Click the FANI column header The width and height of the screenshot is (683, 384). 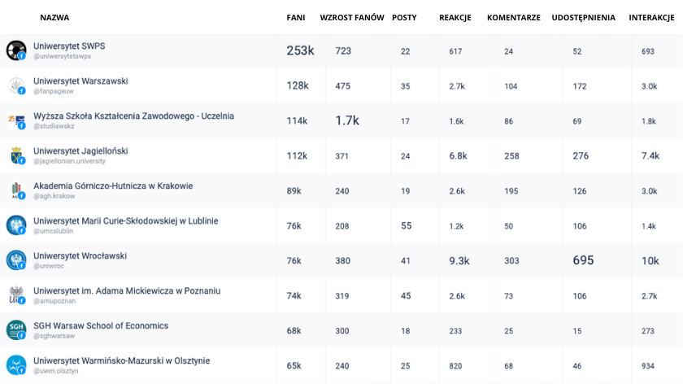[x=296, y=17]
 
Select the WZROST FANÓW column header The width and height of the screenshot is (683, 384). [x=352, y=17]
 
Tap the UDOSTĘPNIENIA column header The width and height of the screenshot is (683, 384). [x=583, y=18]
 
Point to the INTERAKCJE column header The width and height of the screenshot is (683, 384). [x=651, y=17]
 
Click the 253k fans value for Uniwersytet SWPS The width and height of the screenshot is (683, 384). [x=300, y=50]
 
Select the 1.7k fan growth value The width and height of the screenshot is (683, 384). [x=346, y=120]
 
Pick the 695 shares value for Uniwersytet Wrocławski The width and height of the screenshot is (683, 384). [x=583, y=260]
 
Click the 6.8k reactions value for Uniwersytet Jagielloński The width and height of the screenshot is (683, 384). [x=458, y=155]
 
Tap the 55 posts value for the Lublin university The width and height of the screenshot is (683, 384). [x=406, y=226]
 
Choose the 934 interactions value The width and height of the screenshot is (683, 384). [x=648, y=366]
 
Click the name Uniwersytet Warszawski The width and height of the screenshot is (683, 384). [x=80, y=81]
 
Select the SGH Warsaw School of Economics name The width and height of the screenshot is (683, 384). [x=101, y=325]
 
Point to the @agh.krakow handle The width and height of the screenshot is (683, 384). [x=54, y=196]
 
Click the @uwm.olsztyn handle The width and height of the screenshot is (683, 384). [x=56, y=371]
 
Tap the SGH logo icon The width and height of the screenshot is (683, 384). [x=16, y=330]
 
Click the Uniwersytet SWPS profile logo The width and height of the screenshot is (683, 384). [x=16, y=50]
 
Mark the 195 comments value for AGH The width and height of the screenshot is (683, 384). [x=511, y=191]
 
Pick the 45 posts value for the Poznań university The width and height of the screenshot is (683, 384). [x=406, y=296]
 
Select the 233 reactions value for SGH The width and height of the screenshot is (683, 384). [x=455, y=331]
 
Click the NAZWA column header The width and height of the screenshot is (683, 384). [x=54, y=17]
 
